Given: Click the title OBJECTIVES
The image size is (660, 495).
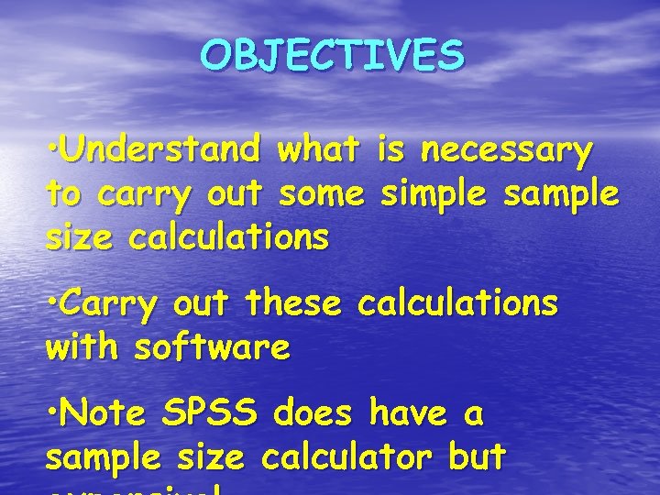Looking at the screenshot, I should coord(333,57).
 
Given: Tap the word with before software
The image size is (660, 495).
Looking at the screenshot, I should coord(82,347).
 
